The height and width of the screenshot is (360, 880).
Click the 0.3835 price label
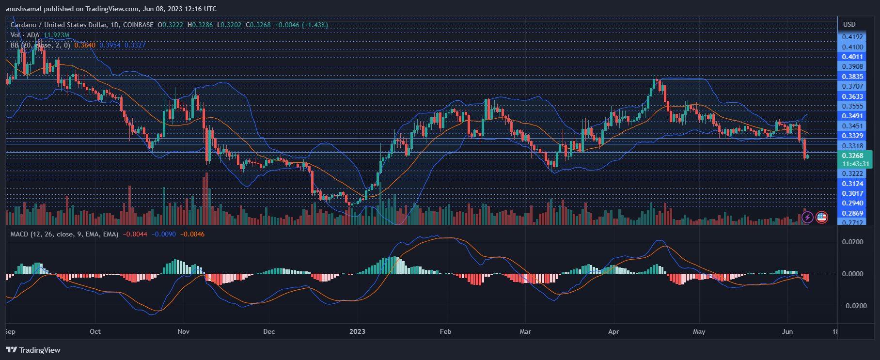point(852,77)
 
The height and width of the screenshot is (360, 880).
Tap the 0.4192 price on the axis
point(852,37)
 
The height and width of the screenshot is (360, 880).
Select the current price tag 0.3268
point(852,156)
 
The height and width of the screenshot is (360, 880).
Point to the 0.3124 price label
point(852,184)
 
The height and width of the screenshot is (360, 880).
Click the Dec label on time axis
point(269,331)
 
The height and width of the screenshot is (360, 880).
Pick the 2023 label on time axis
point(357,331)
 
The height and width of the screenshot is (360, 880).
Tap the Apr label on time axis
point(613,331)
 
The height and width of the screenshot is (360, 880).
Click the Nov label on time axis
point(184,331)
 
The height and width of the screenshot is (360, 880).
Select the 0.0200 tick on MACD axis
point(852,242)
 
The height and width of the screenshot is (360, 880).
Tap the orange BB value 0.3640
point(85,45)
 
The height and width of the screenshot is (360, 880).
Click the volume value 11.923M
point(56,35)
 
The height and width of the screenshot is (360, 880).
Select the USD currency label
point(849,24)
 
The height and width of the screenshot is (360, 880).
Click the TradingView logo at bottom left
point(33,350)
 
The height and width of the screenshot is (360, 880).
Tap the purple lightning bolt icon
point(807,217)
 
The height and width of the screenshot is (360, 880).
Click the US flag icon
point(821,217)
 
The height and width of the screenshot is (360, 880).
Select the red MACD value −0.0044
point(132,234)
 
